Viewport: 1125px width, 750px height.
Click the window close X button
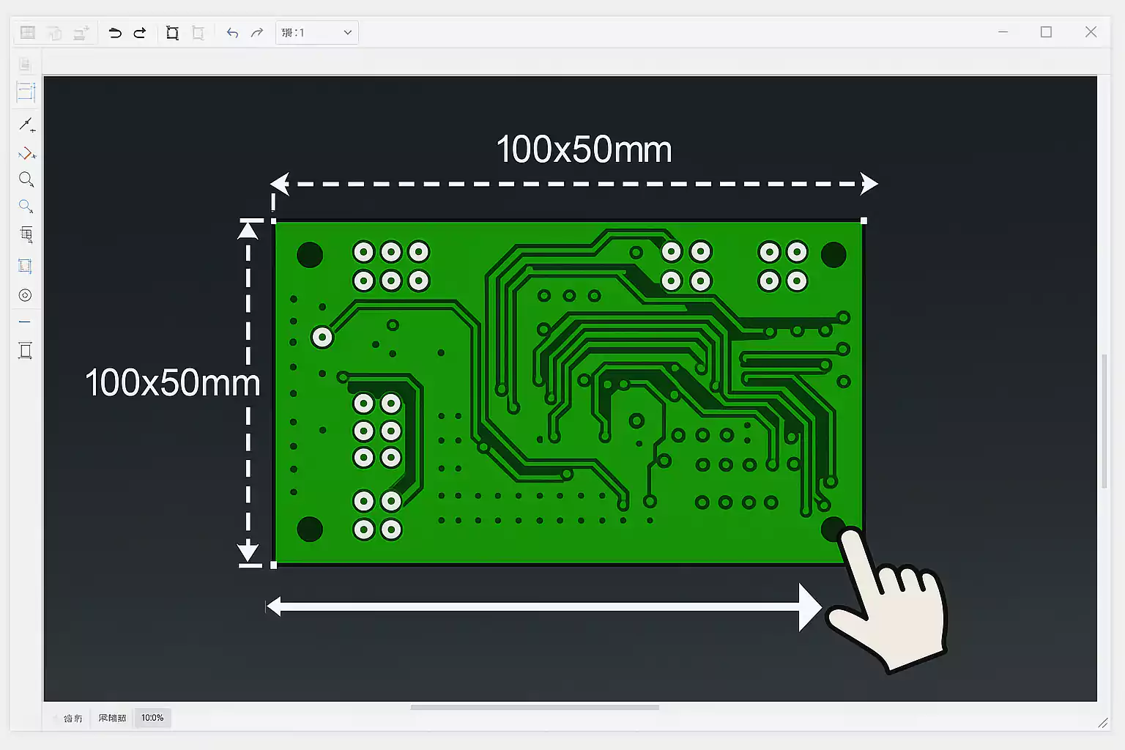pos(1091,32)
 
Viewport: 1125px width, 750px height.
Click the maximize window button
pos(1046,32)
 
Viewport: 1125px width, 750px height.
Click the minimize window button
pos(1003,32)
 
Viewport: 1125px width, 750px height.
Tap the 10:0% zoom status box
pos(152,718)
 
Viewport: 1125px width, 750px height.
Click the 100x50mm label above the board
pos(584,150)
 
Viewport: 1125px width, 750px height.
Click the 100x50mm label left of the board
pos(172,383)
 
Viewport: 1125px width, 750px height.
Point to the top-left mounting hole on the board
pos(310,255)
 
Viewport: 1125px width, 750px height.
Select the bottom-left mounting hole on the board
pos(310,529)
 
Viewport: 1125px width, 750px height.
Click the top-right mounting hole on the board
pos(833,255)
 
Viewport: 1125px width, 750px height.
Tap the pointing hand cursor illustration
pos(890,601)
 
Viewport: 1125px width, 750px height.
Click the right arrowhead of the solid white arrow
pos(810,606)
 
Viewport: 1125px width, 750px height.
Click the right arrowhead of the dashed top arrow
pos(869,184)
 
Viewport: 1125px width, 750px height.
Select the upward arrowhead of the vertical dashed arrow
pos(248,230)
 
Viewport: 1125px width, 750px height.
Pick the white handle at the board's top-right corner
pos(864,220)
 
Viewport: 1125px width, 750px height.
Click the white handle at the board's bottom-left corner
pos(274,565)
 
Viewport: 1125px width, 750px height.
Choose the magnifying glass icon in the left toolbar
pos(26,179)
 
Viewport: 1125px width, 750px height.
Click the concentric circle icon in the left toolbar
pos(25,295)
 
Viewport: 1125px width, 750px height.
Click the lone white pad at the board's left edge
pos(322,338)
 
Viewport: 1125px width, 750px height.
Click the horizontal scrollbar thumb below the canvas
pos(535,708)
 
